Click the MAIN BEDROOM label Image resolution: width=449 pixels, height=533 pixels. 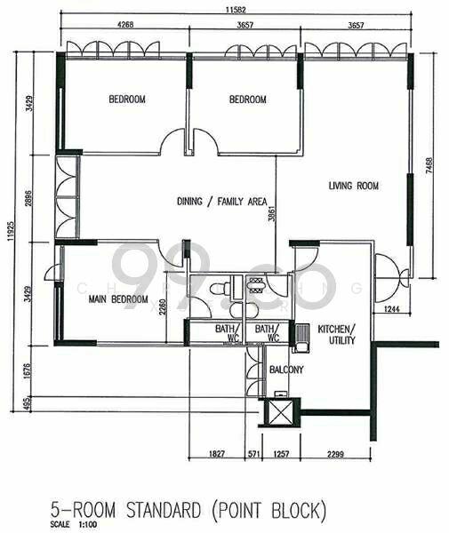(118, 299)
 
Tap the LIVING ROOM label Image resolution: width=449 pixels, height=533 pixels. (353, 186)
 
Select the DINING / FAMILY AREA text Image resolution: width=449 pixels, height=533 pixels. (222, 202)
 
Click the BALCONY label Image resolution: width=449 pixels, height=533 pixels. (286, 370)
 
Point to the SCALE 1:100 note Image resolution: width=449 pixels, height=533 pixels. (71, 525)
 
